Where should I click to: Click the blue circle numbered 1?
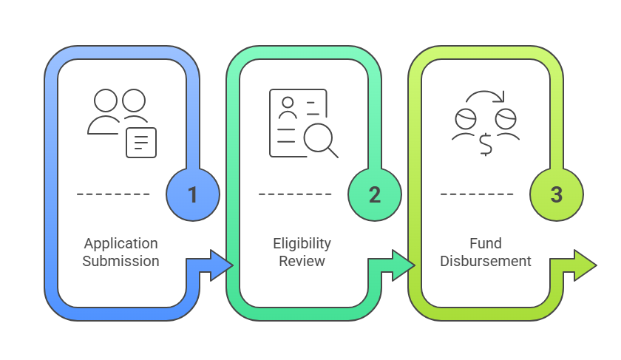[193, 194]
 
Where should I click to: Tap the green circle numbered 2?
[375, 194]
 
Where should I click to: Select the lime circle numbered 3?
[557, 194]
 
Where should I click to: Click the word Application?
[121, 243]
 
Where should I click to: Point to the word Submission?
[121, 261]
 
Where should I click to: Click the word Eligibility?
[302, 243]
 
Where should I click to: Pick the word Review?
[302, 261]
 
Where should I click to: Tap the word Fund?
[485, 243]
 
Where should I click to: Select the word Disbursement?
[485, 261]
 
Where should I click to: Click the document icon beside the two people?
[141, 142]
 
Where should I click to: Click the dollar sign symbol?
[486, 144]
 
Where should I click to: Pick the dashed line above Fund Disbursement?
[477, 194]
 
